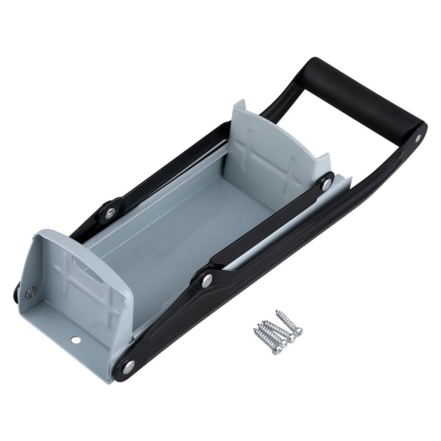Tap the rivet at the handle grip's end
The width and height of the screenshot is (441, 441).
(x=418, y=138)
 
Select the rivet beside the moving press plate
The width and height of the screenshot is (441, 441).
(x=326, y=185)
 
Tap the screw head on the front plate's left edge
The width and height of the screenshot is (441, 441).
(x=30, y=293)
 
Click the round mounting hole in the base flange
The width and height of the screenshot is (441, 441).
(x=76, y=340)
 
